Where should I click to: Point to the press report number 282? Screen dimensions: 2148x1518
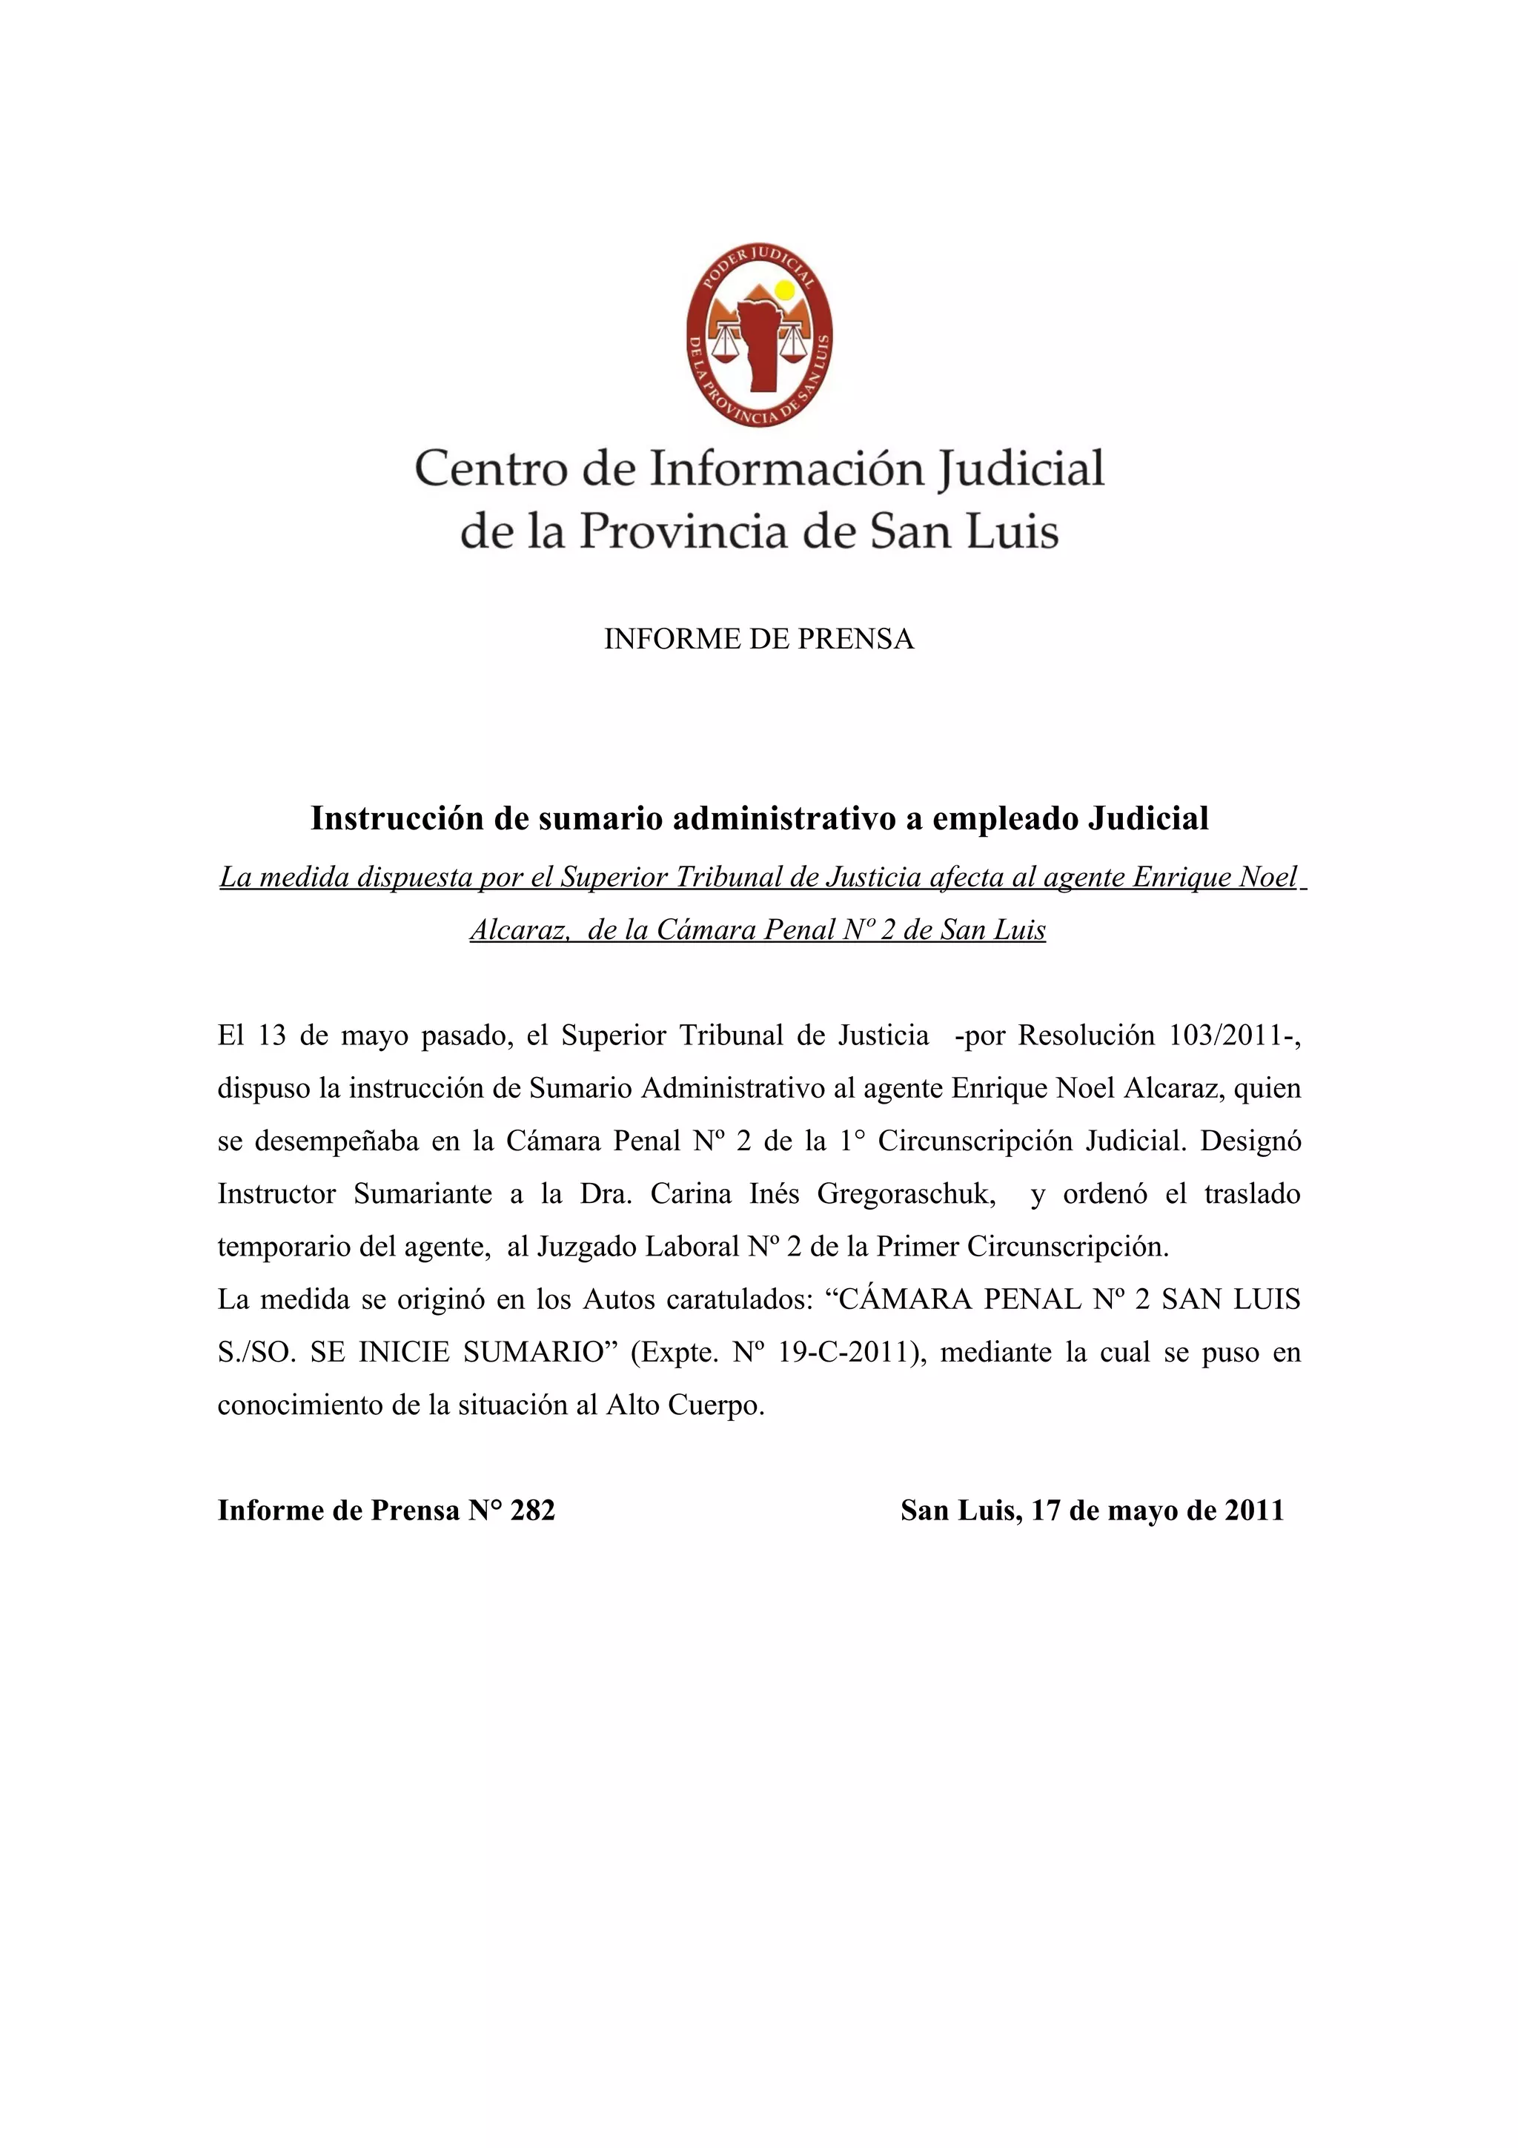[532, 1511]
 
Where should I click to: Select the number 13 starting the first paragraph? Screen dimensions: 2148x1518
[271, 1035]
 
